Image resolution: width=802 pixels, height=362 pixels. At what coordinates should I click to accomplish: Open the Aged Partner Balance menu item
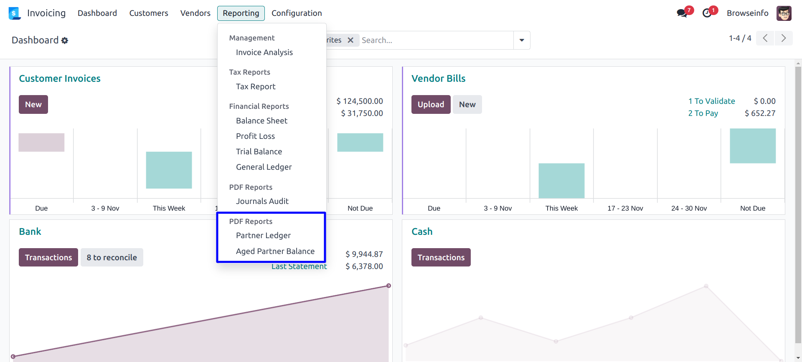point(275,251)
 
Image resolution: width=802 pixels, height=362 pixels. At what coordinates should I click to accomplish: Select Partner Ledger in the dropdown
point(263,235)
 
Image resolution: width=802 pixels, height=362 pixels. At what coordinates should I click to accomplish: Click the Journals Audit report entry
point(262,201)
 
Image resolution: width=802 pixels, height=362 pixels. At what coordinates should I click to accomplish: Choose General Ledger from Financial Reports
point(264,167)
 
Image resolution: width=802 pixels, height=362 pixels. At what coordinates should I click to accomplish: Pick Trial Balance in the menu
point(259,151)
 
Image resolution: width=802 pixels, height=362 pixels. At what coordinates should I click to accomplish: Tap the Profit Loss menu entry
point(255,136)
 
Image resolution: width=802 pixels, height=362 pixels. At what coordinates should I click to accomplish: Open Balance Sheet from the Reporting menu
point(261,121)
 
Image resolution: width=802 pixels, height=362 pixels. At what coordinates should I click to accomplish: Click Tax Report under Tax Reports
point(256,86)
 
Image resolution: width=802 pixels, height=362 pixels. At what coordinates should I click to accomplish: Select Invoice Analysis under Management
point(264,52)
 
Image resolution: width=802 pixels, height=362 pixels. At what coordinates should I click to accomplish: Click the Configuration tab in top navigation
point(297,13)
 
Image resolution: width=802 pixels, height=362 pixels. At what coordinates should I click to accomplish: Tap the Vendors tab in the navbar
point(195,13)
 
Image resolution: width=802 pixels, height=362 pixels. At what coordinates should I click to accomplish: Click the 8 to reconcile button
point(112,257)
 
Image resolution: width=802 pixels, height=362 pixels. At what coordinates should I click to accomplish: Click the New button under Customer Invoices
point(33,104)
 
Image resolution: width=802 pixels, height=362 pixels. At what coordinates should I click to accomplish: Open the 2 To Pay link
point(703,113)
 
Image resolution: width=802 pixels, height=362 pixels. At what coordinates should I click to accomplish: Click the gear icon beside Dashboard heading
point(65,40)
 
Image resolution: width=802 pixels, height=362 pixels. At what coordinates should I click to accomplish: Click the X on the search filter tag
point(350,40)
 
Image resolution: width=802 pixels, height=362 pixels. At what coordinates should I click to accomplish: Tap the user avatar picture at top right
point(784,13)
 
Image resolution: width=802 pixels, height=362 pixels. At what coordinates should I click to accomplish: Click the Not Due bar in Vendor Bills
point(753,146)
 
